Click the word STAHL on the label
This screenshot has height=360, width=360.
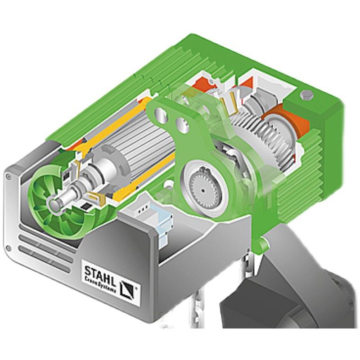100,274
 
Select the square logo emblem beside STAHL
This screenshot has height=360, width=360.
127,289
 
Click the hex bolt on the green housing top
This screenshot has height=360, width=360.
306,94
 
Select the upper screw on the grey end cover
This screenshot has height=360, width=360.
9,176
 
